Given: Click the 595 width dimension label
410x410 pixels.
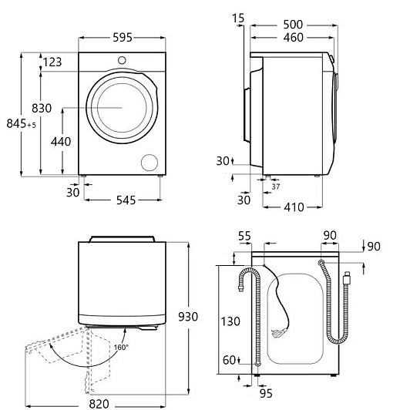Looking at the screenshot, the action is coord(123,38).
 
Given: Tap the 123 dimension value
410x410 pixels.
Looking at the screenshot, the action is coord(52,62).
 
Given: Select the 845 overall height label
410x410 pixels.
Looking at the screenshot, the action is coord(16,123).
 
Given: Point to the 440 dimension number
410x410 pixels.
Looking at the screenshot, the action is coord(61,142).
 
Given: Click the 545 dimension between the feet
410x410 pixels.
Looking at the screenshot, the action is coord(126,200).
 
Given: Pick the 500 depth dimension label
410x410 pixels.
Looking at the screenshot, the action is coord(293,25).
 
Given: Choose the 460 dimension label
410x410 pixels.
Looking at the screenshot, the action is coord(294,38).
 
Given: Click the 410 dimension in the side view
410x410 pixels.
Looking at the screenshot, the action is coord(294,207).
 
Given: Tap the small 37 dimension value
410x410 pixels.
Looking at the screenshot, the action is coord(276,187).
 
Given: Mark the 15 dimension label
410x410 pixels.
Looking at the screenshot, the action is coord(238,18).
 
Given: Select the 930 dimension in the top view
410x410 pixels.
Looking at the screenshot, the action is coord(188,317).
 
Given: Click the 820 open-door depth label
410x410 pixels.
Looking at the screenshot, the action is coord(99,404).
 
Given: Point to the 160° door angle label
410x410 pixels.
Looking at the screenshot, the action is coord(121,348).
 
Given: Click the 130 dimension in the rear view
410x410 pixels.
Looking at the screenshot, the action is coord(230,321).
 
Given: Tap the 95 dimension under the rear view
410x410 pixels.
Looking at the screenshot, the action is coord(266,393).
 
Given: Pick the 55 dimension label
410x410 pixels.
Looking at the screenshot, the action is coord(244,236).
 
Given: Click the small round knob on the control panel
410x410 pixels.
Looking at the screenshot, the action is coord(122,60).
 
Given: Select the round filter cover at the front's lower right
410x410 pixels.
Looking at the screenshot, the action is coord(150,163).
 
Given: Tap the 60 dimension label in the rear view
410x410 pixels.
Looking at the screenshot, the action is coord(230,361).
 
